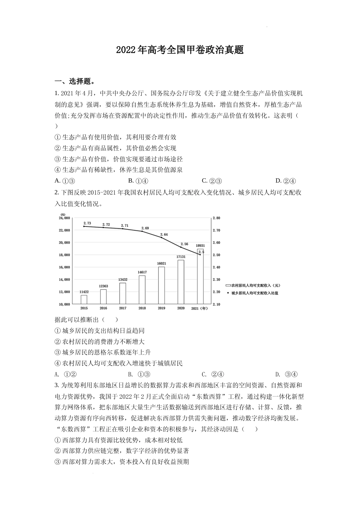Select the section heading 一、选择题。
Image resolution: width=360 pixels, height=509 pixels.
click(x=75, y=81)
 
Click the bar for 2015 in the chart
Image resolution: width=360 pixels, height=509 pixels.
click(x=84, y=299)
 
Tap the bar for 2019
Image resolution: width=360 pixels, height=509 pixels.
click(x=161, y=285)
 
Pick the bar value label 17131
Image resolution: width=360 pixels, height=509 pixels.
click(x=181, y=257)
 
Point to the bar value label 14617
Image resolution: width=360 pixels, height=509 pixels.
click(x=142, y=272)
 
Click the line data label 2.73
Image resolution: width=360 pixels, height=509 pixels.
click(x=87, y=223)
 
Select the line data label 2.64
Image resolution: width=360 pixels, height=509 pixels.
click(x=164, y=234)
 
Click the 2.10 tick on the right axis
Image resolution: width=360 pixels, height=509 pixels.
click(x=216, y=304)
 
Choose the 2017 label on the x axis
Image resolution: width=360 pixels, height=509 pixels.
click(x=122, y=308)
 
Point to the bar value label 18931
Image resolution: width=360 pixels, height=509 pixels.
click(x=200, y=246)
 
